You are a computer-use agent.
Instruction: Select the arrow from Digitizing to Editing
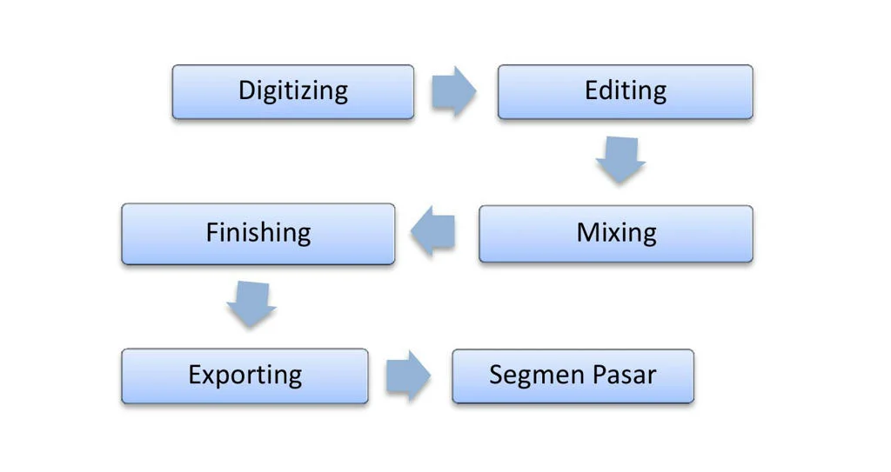[453, 91]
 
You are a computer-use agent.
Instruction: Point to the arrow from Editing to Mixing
[620, 159]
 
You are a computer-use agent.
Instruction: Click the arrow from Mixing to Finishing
[434, 232]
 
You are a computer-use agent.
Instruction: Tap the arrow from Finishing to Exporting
[251, 303]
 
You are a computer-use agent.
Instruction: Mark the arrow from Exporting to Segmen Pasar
[407, 376]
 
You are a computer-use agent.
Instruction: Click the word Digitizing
[293, 91]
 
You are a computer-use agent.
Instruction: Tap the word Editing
[626, 91]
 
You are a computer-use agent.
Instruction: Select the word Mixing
[616, 233]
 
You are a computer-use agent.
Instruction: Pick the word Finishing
[258, 233]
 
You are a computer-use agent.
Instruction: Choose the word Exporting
[245, 376]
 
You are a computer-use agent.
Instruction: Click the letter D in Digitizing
[246, 90]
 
